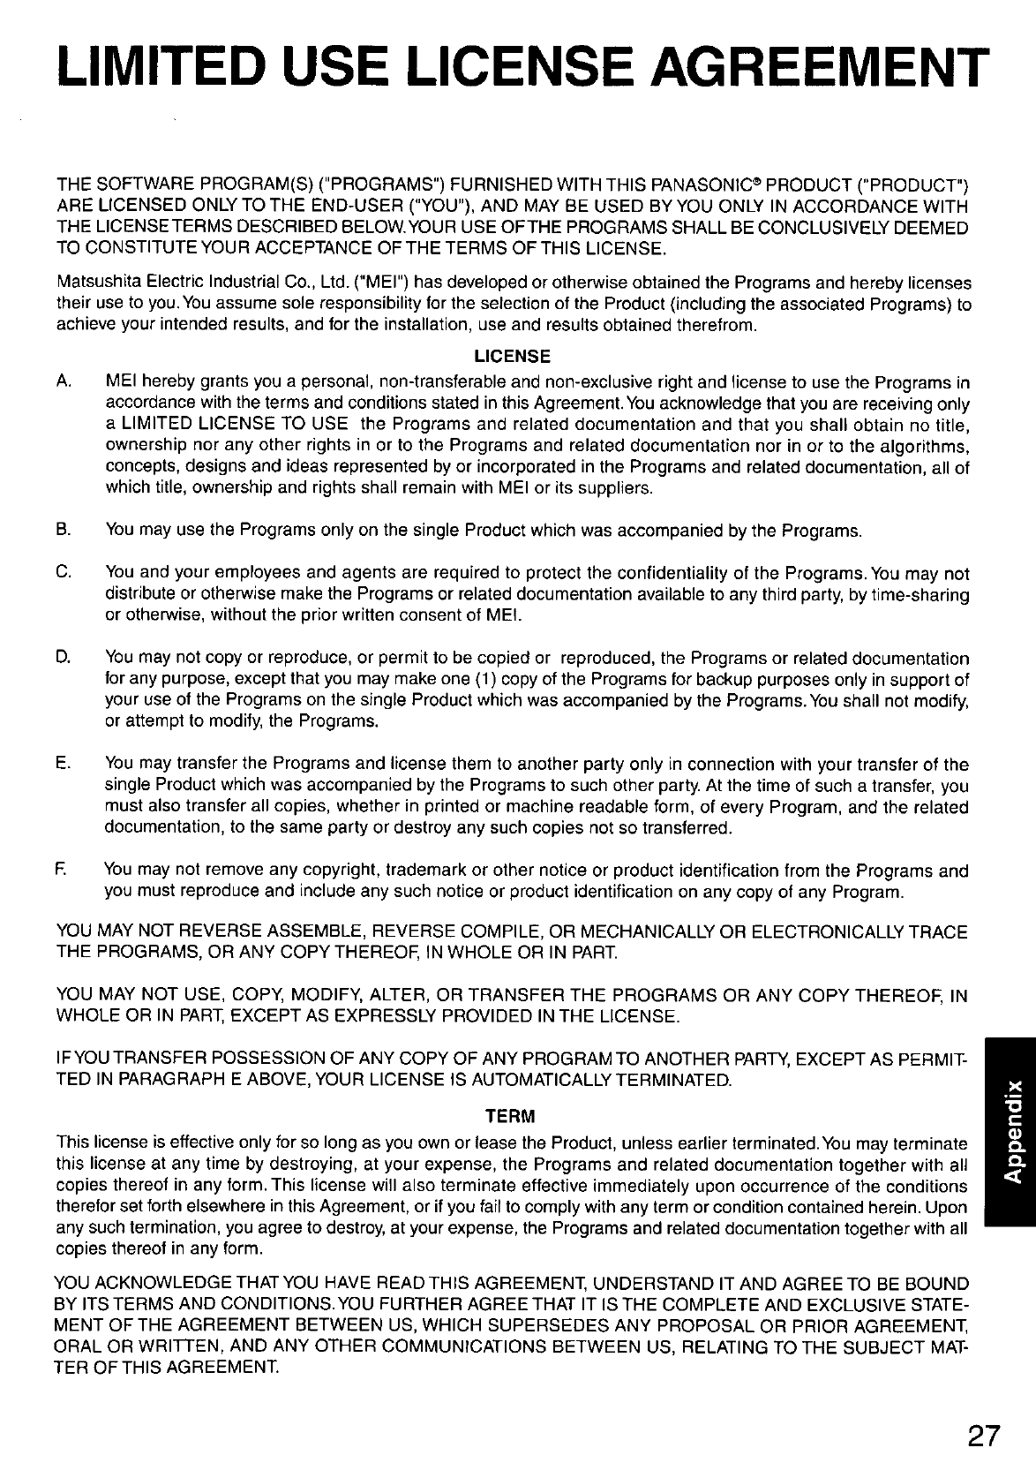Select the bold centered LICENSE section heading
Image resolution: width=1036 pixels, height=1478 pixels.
[513, 357]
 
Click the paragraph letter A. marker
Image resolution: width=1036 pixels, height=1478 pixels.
[63, 383]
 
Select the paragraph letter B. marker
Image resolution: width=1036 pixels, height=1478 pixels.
[63, 532]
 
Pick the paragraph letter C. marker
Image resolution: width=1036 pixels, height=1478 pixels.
[63, 574]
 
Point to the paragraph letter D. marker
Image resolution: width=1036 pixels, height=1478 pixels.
[63, 659]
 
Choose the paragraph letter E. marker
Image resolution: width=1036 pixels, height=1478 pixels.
[63, 765]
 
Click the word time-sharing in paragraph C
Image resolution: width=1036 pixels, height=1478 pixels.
[923, 595]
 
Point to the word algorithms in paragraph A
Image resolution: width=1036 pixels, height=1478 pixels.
[923, 447]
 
